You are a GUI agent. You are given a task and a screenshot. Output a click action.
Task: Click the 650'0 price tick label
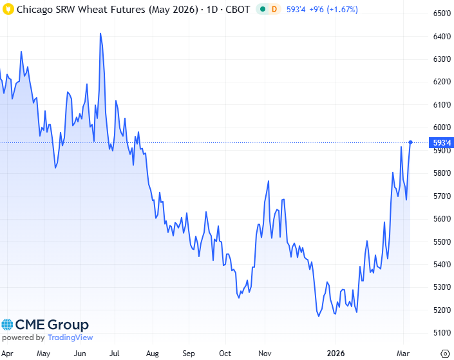pyautogui.click(x=440, y=14)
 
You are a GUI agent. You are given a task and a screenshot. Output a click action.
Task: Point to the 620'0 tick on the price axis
pyautogui.click(x=440, y=82)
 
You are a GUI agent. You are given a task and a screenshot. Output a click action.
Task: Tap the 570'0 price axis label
pyautogui.click(x=440, y=196)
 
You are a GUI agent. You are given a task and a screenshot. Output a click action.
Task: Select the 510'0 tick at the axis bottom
pyautogui.click(x=440, y=333)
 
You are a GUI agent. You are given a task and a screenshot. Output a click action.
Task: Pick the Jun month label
pyautogui.click(x=80, y=354)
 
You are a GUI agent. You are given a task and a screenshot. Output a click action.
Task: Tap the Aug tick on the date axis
pyautogui.click(x=153, y=354)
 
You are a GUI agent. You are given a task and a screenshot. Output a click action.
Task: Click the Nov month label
pyautogui.click(x=263, y=354)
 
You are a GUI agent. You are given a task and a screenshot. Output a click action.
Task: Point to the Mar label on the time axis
pyautogui.click(x=403, y=354)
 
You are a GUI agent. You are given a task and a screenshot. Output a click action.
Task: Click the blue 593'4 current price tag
pyautogui.click(x=441, y=142)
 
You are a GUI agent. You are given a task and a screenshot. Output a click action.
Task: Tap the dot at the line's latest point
pyautogui.click(x=411, y=142)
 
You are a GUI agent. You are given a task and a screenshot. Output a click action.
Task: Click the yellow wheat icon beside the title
pyautogui.click(x=8, y=10)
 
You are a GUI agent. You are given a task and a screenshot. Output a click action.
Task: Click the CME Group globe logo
pyautogui.click(x=8, y=325)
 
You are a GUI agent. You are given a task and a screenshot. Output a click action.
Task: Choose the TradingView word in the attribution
pyautogui.click(x=70, y=337)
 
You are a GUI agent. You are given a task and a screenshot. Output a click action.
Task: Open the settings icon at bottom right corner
pyautogui.click(x=444, y=353)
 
